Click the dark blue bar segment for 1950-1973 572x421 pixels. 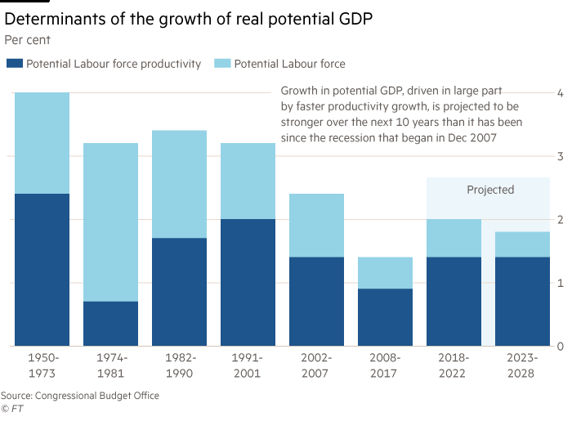[42, 270]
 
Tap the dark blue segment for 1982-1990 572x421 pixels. [180, 292]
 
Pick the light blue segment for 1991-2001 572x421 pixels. [248, 181]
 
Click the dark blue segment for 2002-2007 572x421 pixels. [317, 301]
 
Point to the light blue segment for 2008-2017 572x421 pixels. [386, 272]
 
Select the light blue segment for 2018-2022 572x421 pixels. [454, 238]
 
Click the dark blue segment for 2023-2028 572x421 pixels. [523, 301]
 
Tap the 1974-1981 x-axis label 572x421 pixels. [111, 365]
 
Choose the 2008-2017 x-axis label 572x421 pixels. [386, 365]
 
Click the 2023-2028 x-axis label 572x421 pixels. [523, 365]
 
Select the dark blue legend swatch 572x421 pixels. [14, 63]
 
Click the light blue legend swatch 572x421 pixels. [221, 63]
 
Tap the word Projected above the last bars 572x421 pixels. [490, 190]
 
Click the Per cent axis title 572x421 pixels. [29, 38]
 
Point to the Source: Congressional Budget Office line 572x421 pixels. [80, 396]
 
